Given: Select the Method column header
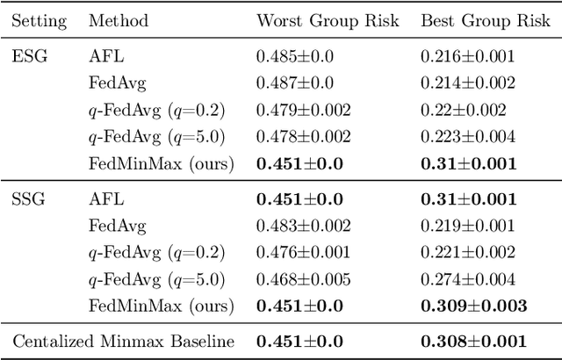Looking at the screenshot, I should point(119,20).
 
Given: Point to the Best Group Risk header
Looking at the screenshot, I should point(478,20).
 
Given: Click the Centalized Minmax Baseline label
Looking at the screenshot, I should point(123,342).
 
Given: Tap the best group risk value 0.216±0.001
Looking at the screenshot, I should point(467,55).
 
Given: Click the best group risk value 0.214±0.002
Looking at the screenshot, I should point(467,83).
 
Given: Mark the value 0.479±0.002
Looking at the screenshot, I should point(303,110).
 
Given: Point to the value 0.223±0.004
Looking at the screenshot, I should point(467,136).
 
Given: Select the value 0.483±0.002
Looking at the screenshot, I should point(303,226).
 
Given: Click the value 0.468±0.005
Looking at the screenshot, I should point(303,279).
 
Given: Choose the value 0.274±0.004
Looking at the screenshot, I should point(467,279).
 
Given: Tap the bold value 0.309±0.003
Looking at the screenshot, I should point(473,306).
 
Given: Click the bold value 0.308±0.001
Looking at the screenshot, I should point(473,342).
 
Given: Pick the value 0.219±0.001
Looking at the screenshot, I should point(467,226).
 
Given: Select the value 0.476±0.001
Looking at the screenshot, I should point(303,253).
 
